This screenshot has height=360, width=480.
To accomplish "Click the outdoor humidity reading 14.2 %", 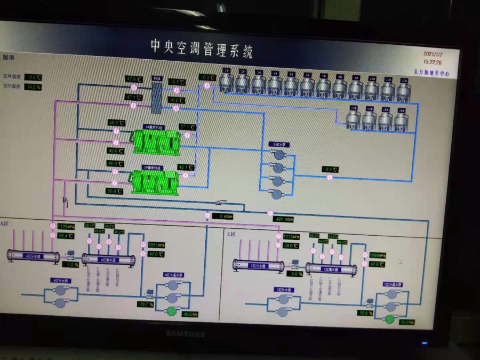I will (34, 86).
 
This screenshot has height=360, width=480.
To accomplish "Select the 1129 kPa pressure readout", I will (66, 226).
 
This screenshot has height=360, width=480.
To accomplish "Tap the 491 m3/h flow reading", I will (283, 219).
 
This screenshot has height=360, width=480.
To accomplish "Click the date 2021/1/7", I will (433, 54).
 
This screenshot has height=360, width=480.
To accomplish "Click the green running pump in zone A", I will (172, 312).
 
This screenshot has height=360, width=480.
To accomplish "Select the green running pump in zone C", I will (390, 319).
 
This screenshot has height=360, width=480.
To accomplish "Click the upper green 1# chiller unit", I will (156, 141).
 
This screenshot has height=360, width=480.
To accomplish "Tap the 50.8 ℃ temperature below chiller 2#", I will (115, 191).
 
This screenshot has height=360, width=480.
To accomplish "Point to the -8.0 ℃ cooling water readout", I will (331, 170).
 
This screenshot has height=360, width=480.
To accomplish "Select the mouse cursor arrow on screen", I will (400, 261).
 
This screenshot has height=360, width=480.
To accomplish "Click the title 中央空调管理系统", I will (201, 48).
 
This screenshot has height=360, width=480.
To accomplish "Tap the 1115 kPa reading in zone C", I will (291, 236).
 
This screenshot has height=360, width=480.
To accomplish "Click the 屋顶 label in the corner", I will (9, 56).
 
